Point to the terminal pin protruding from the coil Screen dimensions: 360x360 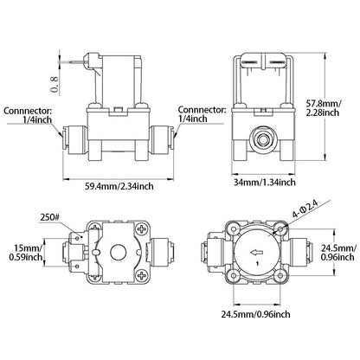click(79, 61)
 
